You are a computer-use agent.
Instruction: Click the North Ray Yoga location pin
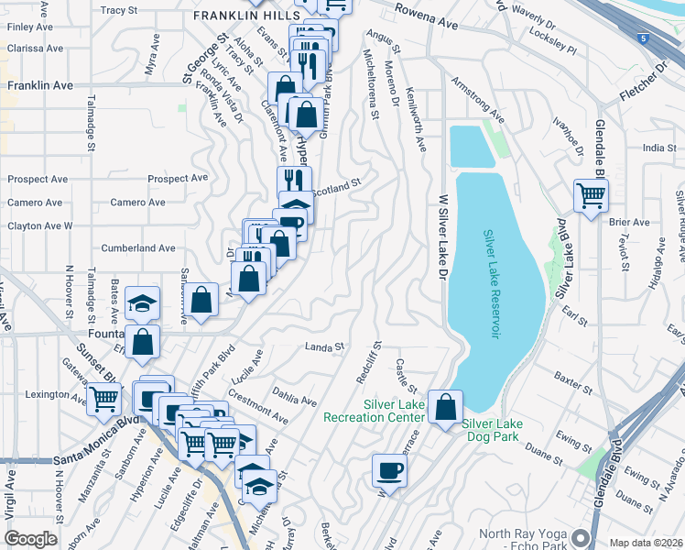pyautogui.click(x=579, y=537)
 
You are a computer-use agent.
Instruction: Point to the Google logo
pyautogui.click(x=30, y=539)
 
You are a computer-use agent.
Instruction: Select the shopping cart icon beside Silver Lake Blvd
pyautogui.click(x=591, y=194)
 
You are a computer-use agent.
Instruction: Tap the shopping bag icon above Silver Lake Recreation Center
pyautogui.click(x=445, y=406)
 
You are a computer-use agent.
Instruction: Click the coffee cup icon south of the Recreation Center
pyautogui.click(x=389, y=471)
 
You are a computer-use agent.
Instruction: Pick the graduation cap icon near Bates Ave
pyautogui.click(x=142, y=303)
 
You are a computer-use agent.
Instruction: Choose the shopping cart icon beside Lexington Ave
pyautogui.click(x=103, y=399)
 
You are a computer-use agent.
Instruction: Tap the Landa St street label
pyautogui.click(x=323, y=347)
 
